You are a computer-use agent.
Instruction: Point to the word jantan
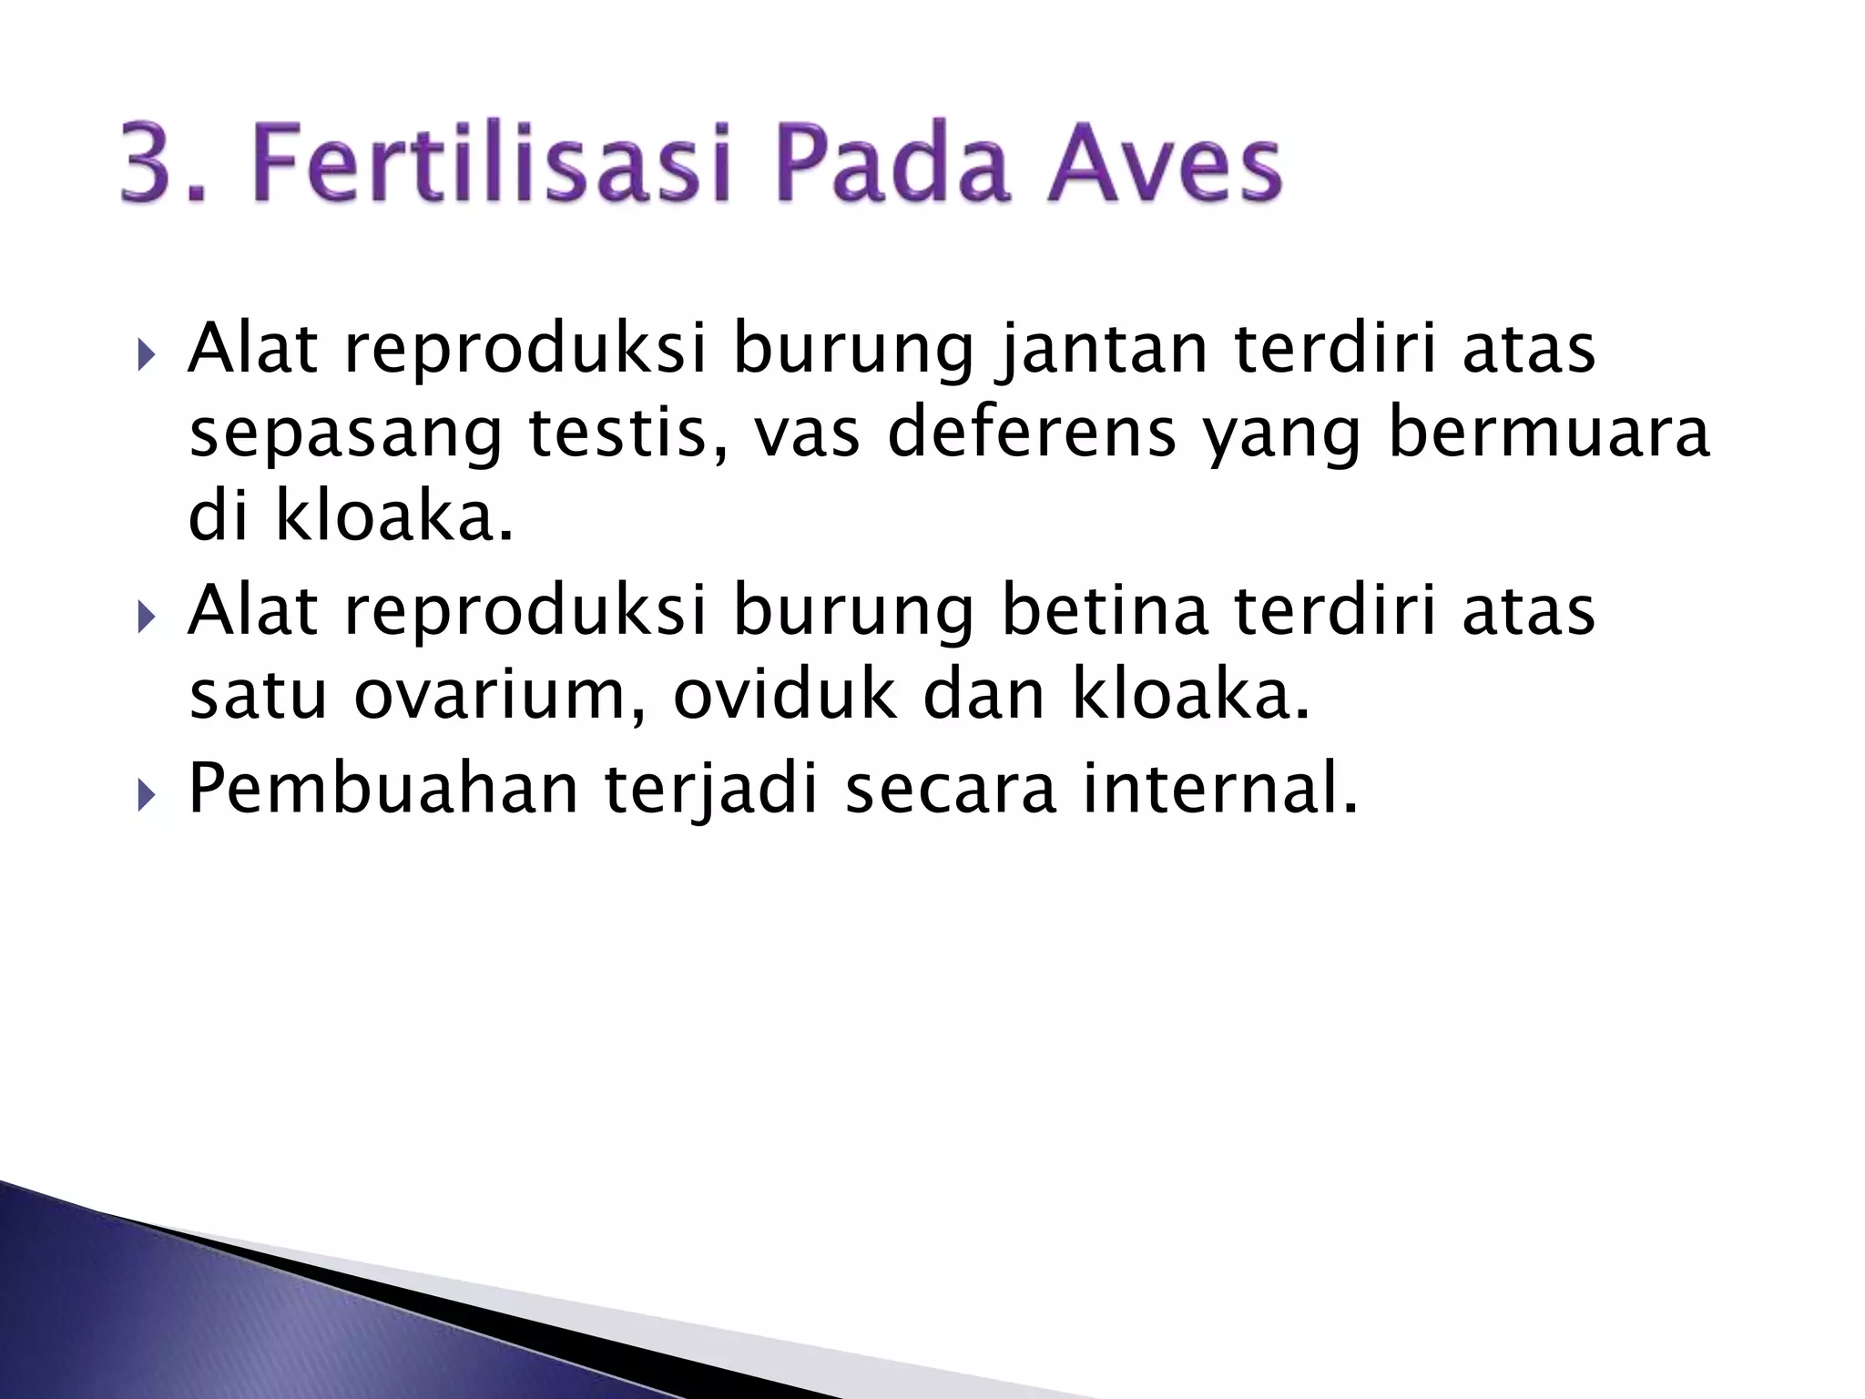(x=1103, y=351)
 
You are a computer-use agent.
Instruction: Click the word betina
(x=1105, y=612)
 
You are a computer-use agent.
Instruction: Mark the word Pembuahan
(x=383, y=789)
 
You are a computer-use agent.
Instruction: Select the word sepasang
(x=345, y=435)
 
